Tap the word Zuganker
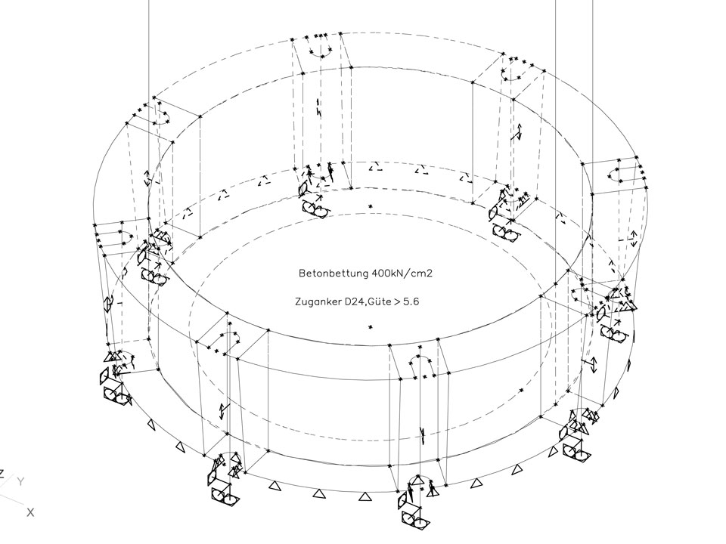coord(318,301)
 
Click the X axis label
coord(30,512)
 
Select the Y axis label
coord(21,481)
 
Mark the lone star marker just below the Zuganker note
coord(371,326)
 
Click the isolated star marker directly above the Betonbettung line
coord(370,206)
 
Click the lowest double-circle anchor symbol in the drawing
coord(417,519)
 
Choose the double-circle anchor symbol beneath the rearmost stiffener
coord(314,207)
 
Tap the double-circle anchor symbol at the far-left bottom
coord(112,393)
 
